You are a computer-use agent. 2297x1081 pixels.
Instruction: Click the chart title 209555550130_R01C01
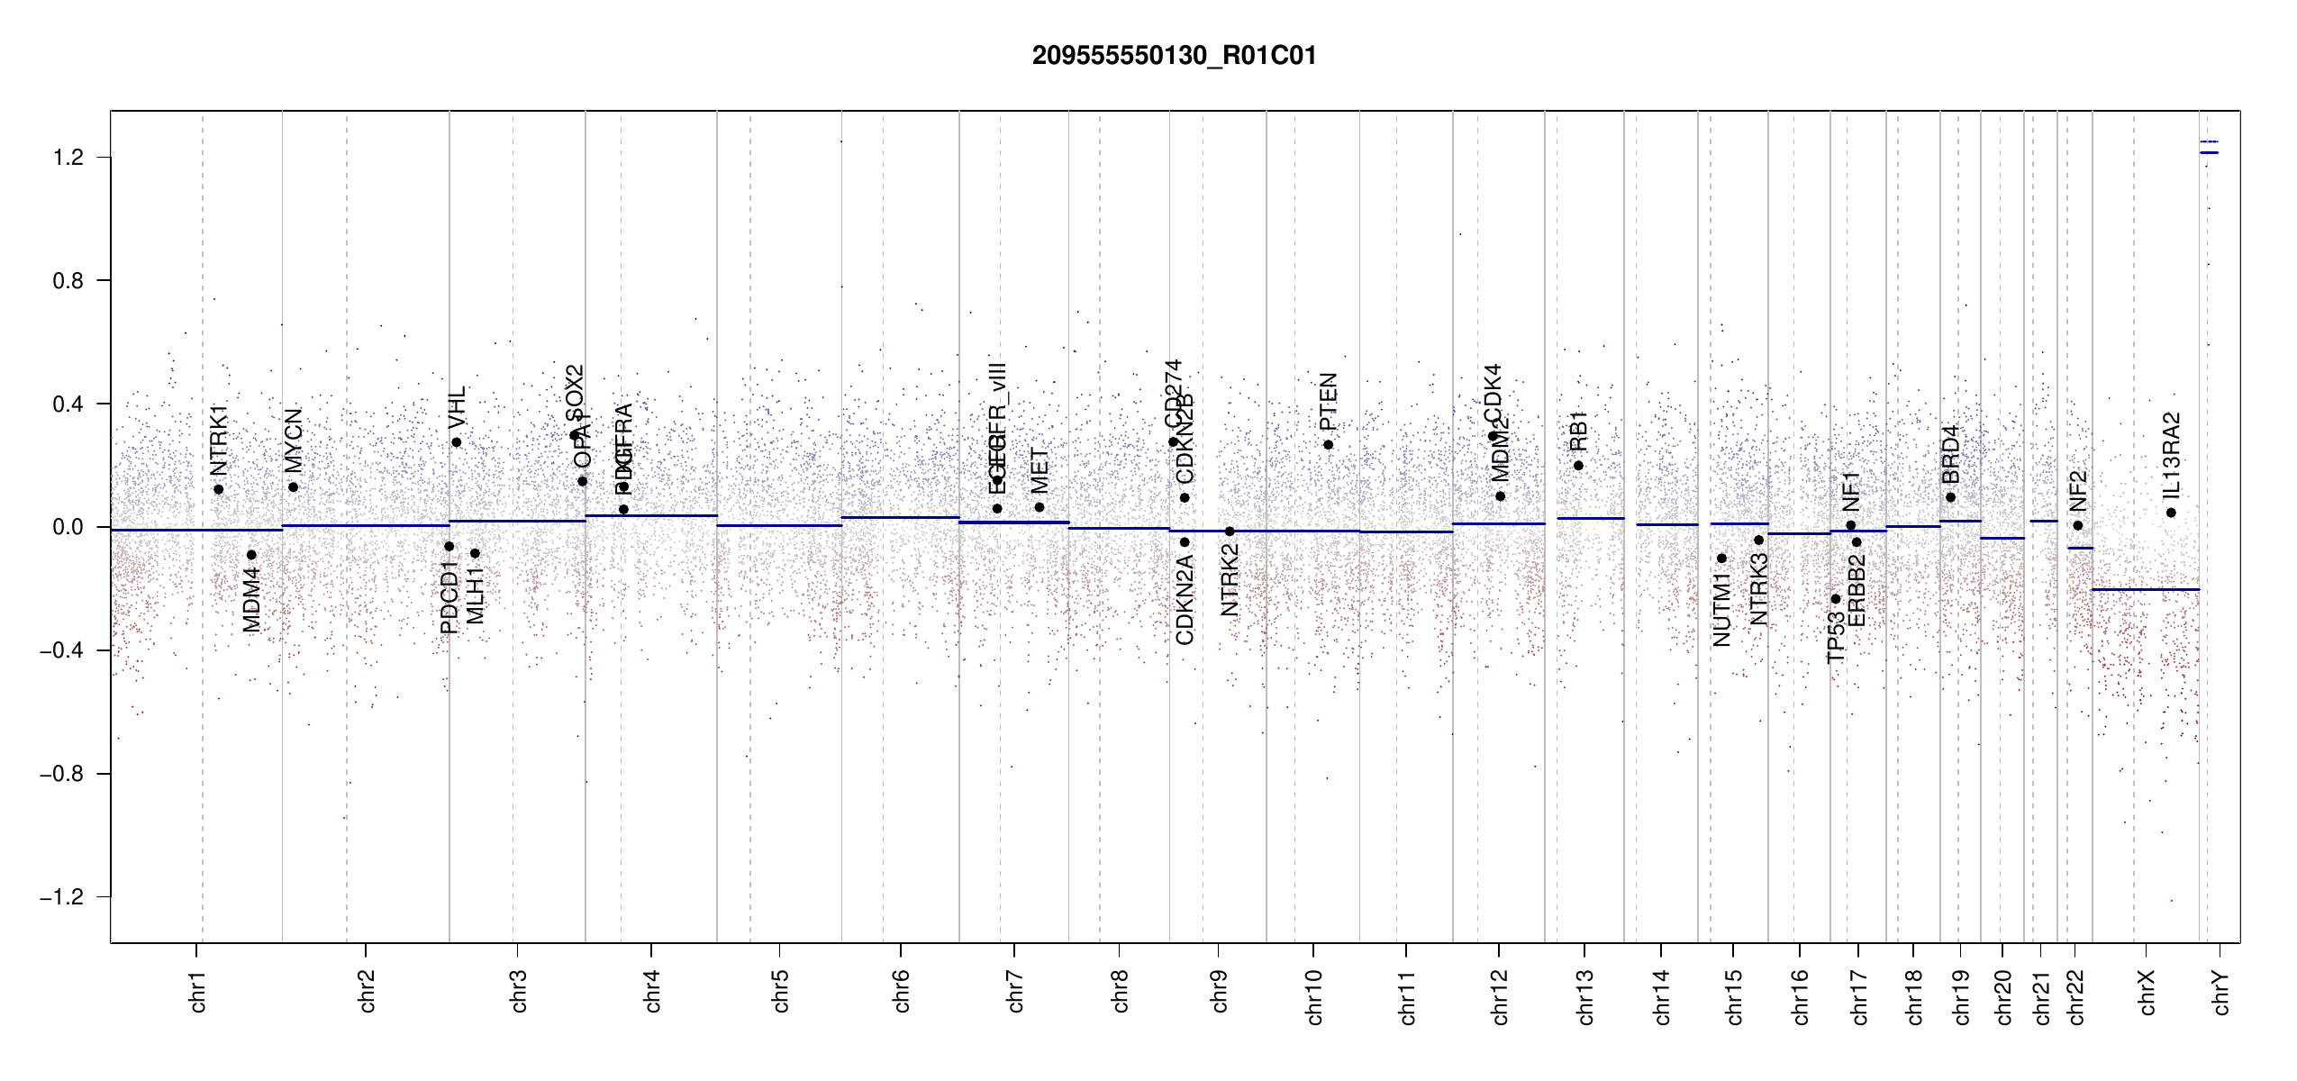[x=1174, y=56]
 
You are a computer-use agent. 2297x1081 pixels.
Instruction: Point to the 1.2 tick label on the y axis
[x=68, y=158]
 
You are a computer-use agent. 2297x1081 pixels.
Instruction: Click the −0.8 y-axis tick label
[x=61, y=774]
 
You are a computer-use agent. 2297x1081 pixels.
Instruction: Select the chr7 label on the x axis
[x=1015, y=991]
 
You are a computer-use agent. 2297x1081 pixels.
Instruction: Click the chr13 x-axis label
[x=1585, y=996]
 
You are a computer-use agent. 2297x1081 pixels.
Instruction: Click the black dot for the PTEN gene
[x=1328, y=445]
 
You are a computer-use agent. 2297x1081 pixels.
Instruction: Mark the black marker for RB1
[x=1578, y=466]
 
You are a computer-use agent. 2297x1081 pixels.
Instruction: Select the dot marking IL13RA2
[x=2171, y=513]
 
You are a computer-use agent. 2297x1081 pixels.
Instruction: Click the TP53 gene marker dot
[x=1835, y=599]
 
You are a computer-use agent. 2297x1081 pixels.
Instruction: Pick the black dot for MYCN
[x=293, y=487]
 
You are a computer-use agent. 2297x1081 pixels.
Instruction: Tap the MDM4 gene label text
[x=251, y=599]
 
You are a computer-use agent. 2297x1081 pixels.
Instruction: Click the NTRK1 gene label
[x=219, y=440]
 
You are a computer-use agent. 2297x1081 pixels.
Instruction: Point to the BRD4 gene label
[x=1950, y=454]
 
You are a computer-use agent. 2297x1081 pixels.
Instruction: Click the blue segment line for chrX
[x=2145, y=589]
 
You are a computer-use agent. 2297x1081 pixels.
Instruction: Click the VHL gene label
[x=457, y=407]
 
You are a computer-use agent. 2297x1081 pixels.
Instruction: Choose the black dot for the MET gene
[x=1040, y=507]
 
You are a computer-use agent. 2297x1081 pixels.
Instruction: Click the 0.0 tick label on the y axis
[x=68, y=527]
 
